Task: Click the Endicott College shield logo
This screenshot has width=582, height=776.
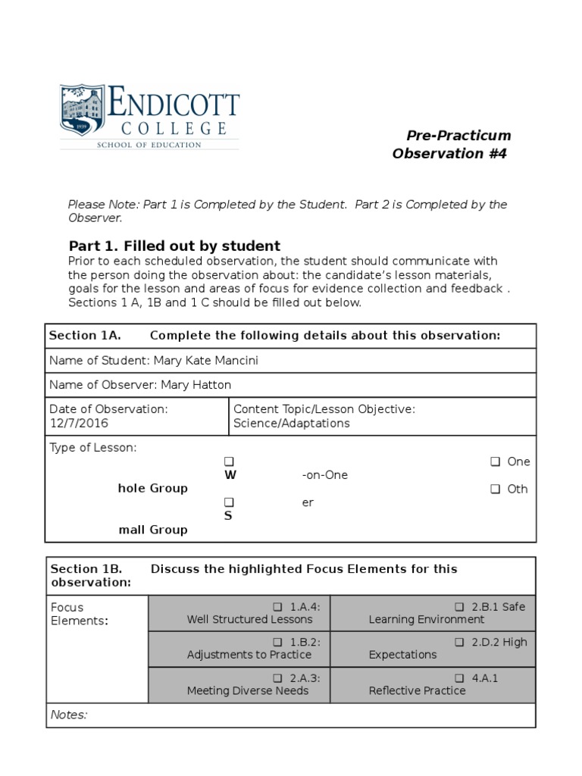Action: tap(84, 111)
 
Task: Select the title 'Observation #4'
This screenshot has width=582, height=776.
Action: tap(449, 154)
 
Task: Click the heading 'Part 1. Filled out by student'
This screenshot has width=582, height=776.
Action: tap(174, 246)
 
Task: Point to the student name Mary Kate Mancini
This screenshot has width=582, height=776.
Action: tap(205, 361)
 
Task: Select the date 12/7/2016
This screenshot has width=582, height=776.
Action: tap(75, 424)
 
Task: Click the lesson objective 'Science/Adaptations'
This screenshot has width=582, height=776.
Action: tap(292, 424)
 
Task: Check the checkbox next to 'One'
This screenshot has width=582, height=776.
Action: tap(495, 462)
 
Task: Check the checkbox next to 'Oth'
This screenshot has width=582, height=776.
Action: tap(495, 489)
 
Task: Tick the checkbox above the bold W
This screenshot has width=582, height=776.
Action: tap(230, 462)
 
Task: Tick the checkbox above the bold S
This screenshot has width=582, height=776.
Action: tap(230, 502)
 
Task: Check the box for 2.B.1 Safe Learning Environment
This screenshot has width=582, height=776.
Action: tap(459, 607)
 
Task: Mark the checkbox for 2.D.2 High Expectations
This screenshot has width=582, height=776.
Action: tap(459, 642)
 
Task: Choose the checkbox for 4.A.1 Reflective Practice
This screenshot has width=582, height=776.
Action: tap(459, 678)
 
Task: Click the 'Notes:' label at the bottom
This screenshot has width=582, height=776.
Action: tap(68, 715)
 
